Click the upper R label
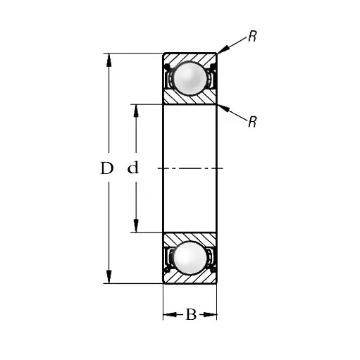(x=252, y=36)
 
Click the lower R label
(x=252, y=122)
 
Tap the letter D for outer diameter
(x=107, y=168)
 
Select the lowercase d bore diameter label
(x=133, y=168)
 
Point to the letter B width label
(x=191, y=314)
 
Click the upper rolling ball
(x=190, y=78)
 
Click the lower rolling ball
(x=190, y=258)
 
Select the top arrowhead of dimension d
(x=136, y=111)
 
